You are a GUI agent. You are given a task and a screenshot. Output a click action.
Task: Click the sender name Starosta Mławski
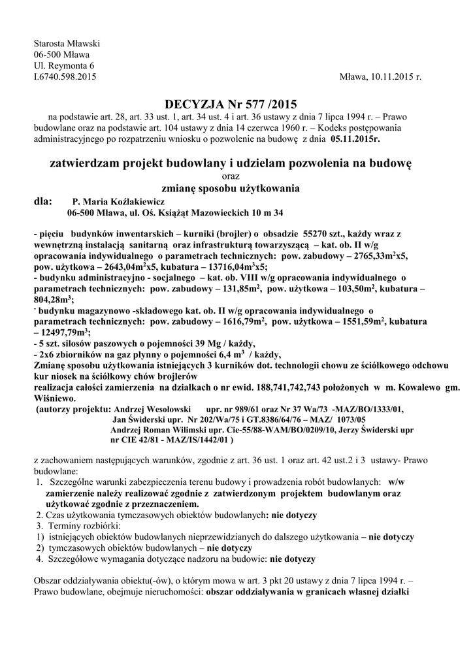62,43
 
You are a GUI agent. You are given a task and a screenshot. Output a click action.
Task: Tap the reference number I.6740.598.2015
65,76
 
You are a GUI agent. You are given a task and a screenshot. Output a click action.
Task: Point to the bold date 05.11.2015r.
355,139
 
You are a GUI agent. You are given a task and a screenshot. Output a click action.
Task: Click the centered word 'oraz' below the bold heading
231,176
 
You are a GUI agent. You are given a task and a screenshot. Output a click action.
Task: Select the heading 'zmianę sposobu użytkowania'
231,189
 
